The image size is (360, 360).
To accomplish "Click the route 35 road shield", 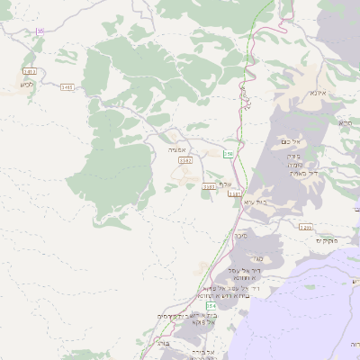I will pos(40,31).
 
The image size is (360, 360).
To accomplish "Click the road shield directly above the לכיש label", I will pos(29,70).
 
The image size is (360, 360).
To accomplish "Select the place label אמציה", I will pos(176,149).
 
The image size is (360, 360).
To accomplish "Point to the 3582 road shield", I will pos(185,159).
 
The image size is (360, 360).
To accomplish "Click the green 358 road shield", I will pos(229,154).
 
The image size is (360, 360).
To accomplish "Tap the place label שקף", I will pos(225,184).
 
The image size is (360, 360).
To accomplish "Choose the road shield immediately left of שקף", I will pos(209,186).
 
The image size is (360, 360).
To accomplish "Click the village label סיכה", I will pos(241,235).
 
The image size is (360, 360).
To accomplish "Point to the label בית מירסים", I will pos(176,316).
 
